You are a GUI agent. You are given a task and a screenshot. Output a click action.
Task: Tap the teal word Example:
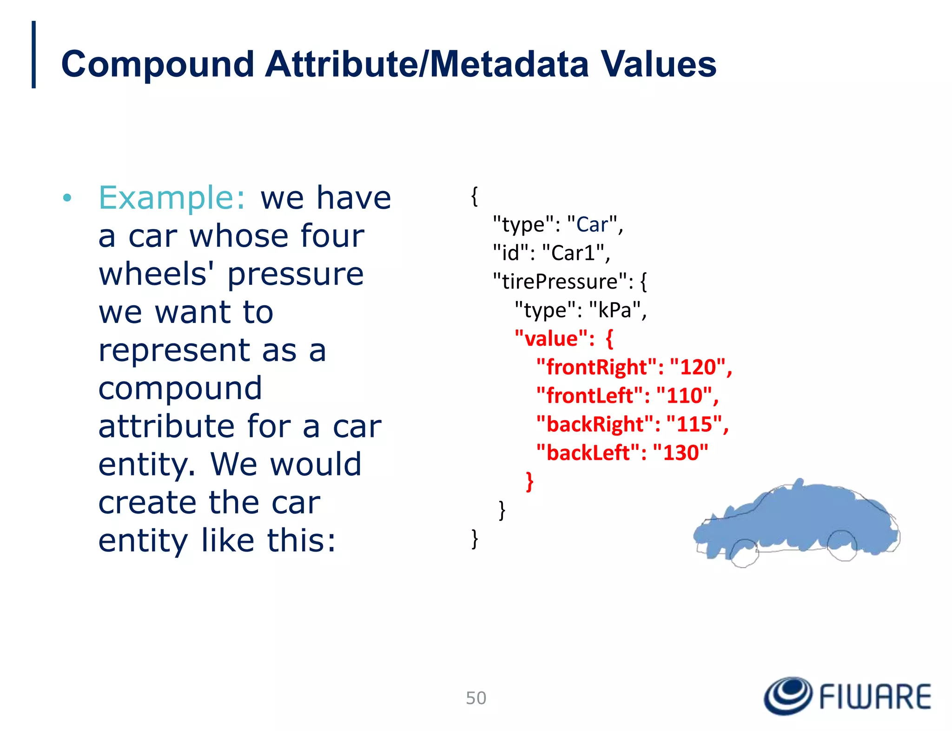tap(172, 198)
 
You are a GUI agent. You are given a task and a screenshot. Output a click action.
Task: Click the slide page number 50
tap(476, 698)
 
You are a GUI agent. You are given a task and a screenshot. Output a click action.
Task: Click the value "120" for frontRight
tap(697, 367)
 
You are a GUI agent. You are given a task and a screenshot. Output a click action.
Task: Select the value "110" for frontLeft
tap(684, 396)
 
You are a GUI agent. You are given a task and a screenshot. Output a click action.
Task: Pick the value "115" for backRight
tap(694, 424)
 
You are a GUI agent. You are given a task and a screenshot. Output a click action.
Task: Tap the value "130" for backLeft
tap(681, 453)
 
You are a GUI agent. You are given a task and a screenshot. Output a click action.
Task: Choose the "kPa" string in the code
tap(615, 310)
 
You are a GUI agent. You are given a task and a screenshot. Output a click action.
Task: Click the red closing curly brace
tap(529, 481)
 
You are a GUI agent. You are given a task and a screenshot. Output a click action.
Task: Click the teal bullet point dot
tap(67, 198)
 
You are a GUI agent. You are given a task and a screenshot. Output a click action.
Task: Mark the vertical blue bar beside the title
tap(33, 54)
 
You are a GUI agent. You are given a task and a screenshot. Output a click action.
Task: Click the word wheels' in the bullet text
tap(153, 274)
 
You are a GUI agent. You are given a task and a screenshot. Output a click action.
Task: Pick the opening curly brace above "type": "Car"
tap(474, 196)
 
